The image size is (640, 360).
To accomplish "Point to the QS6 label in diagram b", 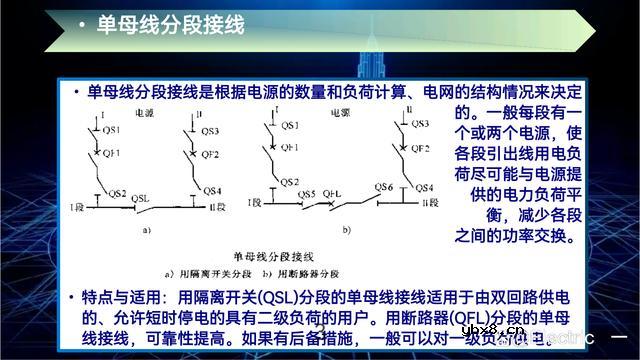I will [x=383, y=187].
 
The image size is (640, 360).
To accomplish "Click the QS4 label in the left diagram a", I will [x=209, y=189].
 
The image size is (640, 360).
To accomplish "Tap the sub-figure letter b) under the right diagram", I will [x=347, y=230].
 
